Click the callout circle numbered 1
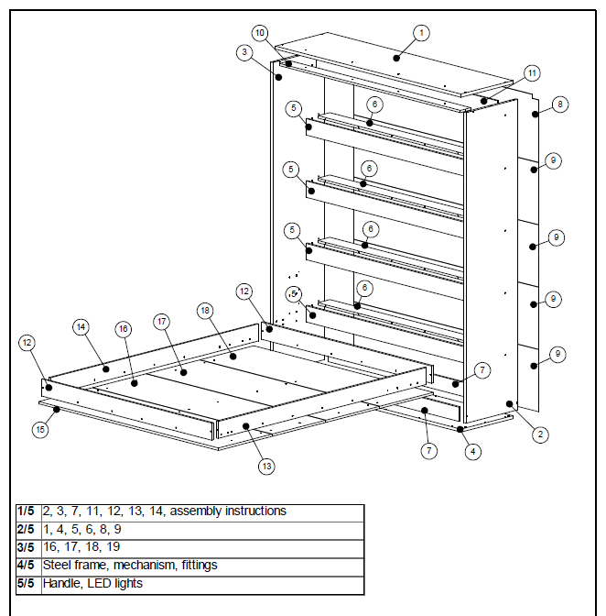[x=421, y=33]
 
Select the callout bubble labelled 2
[x=541, y=435]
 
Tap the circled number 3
[x=243, y=52]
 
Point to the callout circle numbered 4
[x=471, y=451]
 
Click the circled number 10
[x=260, y=33]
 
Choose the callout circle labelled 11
[x=532, y=72]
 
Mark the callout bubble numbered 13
[x=266, y=466]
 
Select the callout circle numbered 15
[x=39, y=428]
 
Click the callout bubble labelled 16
[x=124, y=328]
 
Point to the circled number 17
[x=162, y=322]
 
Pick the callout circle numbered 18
[x=205, y=312]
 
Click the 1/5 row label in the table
[x=27, y=511]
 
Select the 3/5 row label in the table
[x=27, y=547]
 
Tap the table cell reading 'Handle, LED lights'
[x=93, y=583]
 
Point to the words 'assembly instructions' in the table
[x=228, y=511]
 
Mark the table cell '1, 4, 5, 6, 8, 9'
[x=82, y=530]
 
